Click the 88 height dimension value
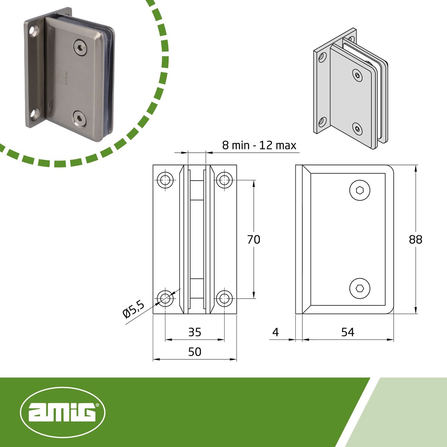tap(415, 240)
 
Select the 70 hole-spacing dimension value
tap(254, 240)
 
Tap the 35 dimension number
tap(194, 332)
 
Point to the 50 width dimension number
tap(194, 352)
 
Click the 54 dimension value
tap(348, 332)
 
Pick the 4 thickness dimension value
tap(275, 332)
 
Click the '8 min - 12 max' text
tap(259, 145)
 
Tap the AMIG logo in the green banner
tap(63, 412)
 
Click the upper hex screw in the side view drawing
tap(360, 190)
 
